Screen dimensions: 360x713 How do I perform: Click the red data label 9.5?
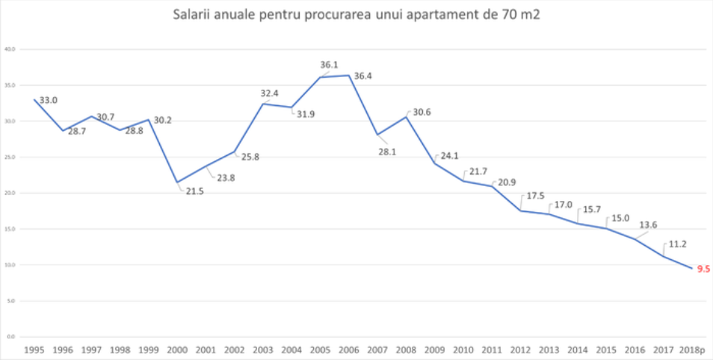click(x=703, y=269)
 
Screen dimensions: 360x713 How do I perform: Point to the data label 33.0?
click(x=49, y=99)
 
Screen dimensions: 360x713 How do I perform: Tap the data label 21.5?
click(x=194, y=191)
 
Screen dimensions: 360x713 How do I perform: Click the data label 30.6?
click(x=422, y=112)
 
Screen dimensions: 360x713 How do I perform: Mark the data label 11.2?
click(x=679, y=243)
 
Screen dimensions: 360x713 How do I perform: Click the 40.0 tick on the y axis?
click(x=10, y=49)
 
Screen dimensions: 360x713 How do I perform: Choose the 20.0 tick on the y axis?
click(x=10, y=193)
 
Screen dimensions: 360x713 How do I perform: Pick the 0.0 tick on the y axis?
click(x=11, y=337)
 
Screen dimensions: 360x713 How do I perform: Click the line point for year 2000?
click(x=177, y=182)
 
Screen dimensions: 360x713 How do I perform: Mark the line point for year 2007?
click(x=378, y=134)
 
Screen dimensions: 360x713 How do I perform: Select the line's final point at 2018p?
click(x=692, y=269)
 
